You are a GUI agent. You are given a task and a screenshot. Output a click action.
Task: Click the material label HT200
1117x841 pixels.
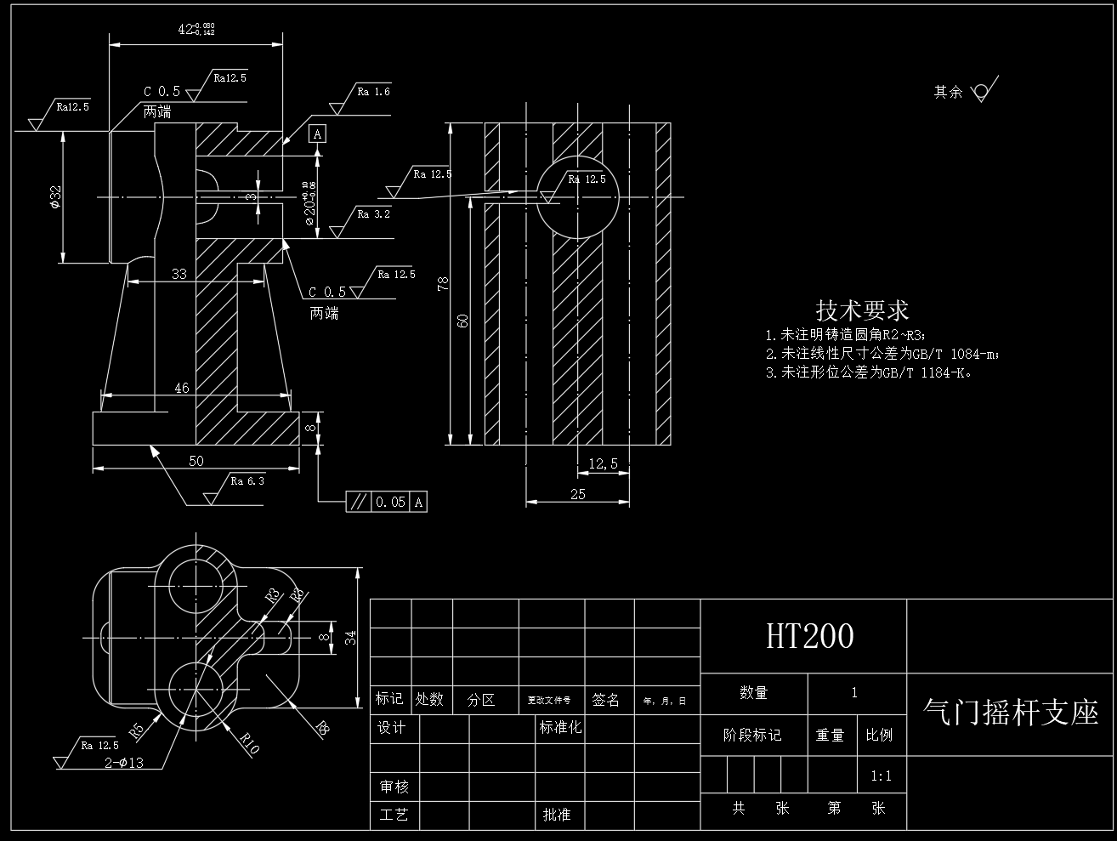click(x=809, y=636)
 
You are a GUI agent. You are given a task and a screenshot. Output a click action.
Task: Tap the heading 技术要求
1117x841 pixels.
click(x=862, y=310)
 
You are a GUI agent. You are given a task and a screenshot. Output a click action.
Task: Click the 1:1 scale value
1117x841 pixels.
click(x=882, y=776)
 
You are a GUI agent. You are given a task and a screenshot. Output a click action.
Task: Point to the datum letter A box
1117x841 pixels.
click(x=317, y=134)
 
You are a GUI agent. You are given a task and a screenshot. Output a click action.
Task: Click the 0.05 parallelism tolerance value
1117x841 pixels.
click(x=391, y=502)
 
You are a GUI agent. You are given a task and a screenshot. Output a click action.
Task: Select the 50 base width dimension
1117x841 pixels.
click(x=196, y=461)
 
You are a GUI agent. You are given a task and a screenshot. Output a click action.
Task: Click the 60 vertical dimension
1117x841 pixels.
click(x=463, y=320)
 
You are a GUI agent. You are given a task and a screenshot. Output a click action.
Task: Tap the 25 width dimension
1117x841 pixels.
click(x=578, y=494)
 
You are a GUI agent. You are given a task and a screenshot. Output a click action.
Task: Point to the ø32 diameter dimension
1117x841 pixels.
click(x=54, y=197)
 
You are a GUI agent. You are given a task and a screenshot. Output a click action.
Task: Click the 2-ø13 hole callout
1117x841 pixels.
click(x=123, y=763)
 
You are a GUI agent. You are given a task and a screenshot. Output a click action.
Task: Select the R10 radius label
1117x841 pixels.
click(x=249, y=742)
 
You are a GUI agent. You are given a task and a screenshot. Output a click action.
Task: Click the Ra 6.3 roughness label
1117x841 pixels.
click(x=247, y=481)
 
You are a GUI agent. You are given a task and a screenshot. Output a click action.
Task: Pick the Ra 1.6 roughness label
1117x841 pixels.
click(x=373, y=92)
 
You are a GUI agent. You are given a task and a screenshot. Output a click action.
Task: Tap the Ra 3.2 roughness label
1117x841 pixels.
click(x=373, y=214)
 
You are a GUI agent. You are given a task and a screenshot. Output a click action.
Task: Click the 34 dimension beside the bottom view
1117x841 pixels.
click(x=350, y=638)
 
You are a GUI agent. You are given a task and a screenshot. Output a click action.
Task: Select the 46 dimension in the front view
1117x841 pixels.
click(x=182, y=388)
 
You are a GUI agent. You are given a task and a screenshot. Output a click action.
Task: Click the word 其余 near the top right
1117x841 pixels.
click(x=948, y=92)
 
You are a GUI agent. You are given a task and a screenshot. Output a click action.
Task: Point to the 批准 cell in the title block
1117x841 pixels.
click(x=556, y=815)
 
